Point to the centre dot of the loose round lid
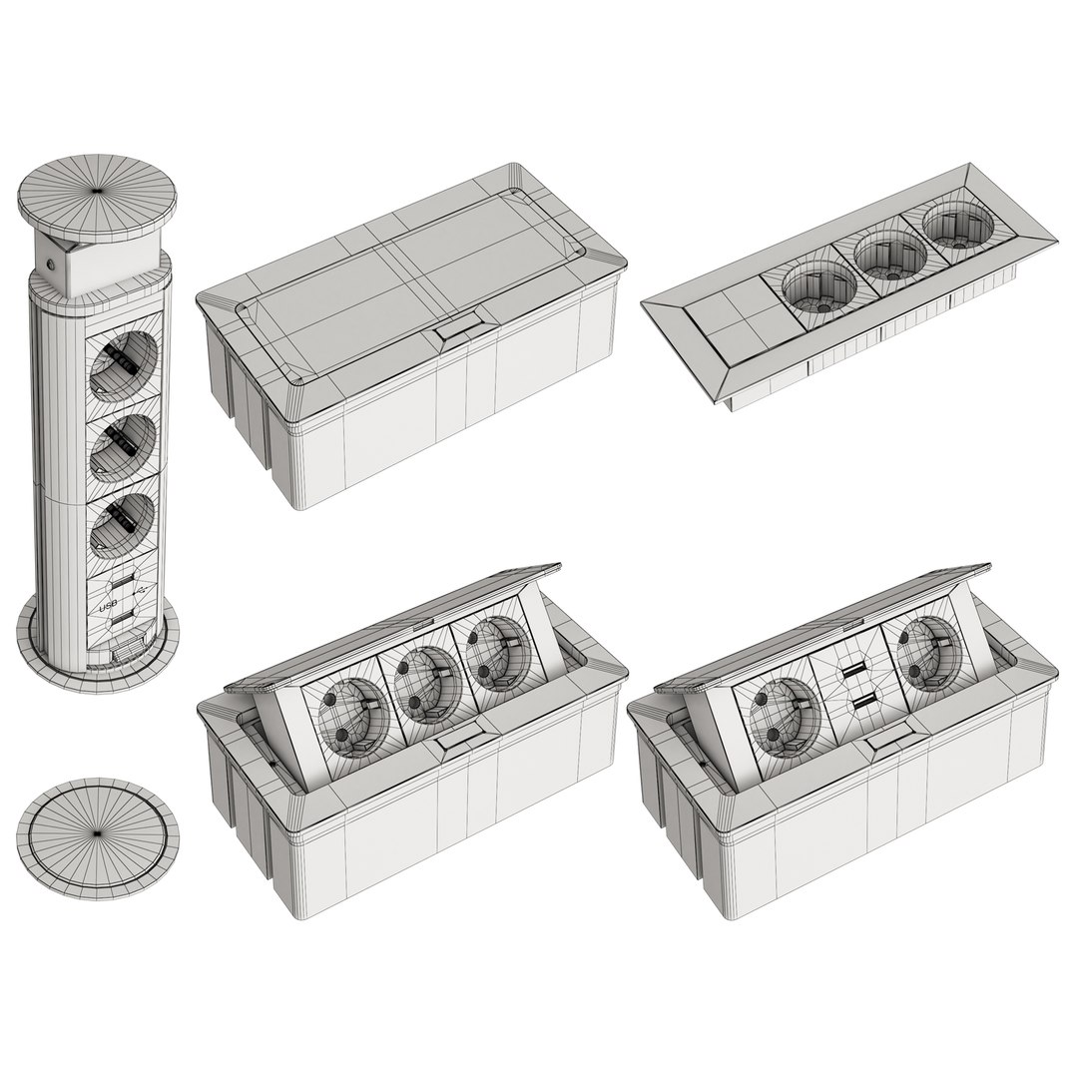pos(96,831)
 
